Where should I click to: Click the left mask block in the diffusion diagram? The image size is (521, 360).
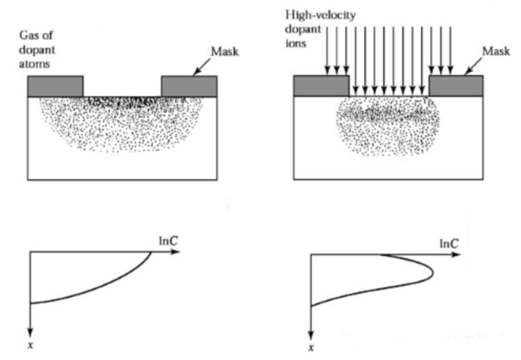pyautogui.click(x=55, y=86)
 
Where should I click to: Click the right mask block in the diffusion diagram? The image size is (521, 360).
pyautogui.click(x=189, y=86)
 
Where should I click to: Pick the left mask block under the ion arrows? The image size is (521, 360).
pyautogui.click(x=320, y=85)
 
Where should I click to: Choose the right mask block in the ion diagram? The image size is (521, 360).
pyautogui.click(x=455, y=85)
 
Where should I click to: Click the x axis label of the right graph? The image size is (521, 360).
pyautogui.click(x=311, y=349)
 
